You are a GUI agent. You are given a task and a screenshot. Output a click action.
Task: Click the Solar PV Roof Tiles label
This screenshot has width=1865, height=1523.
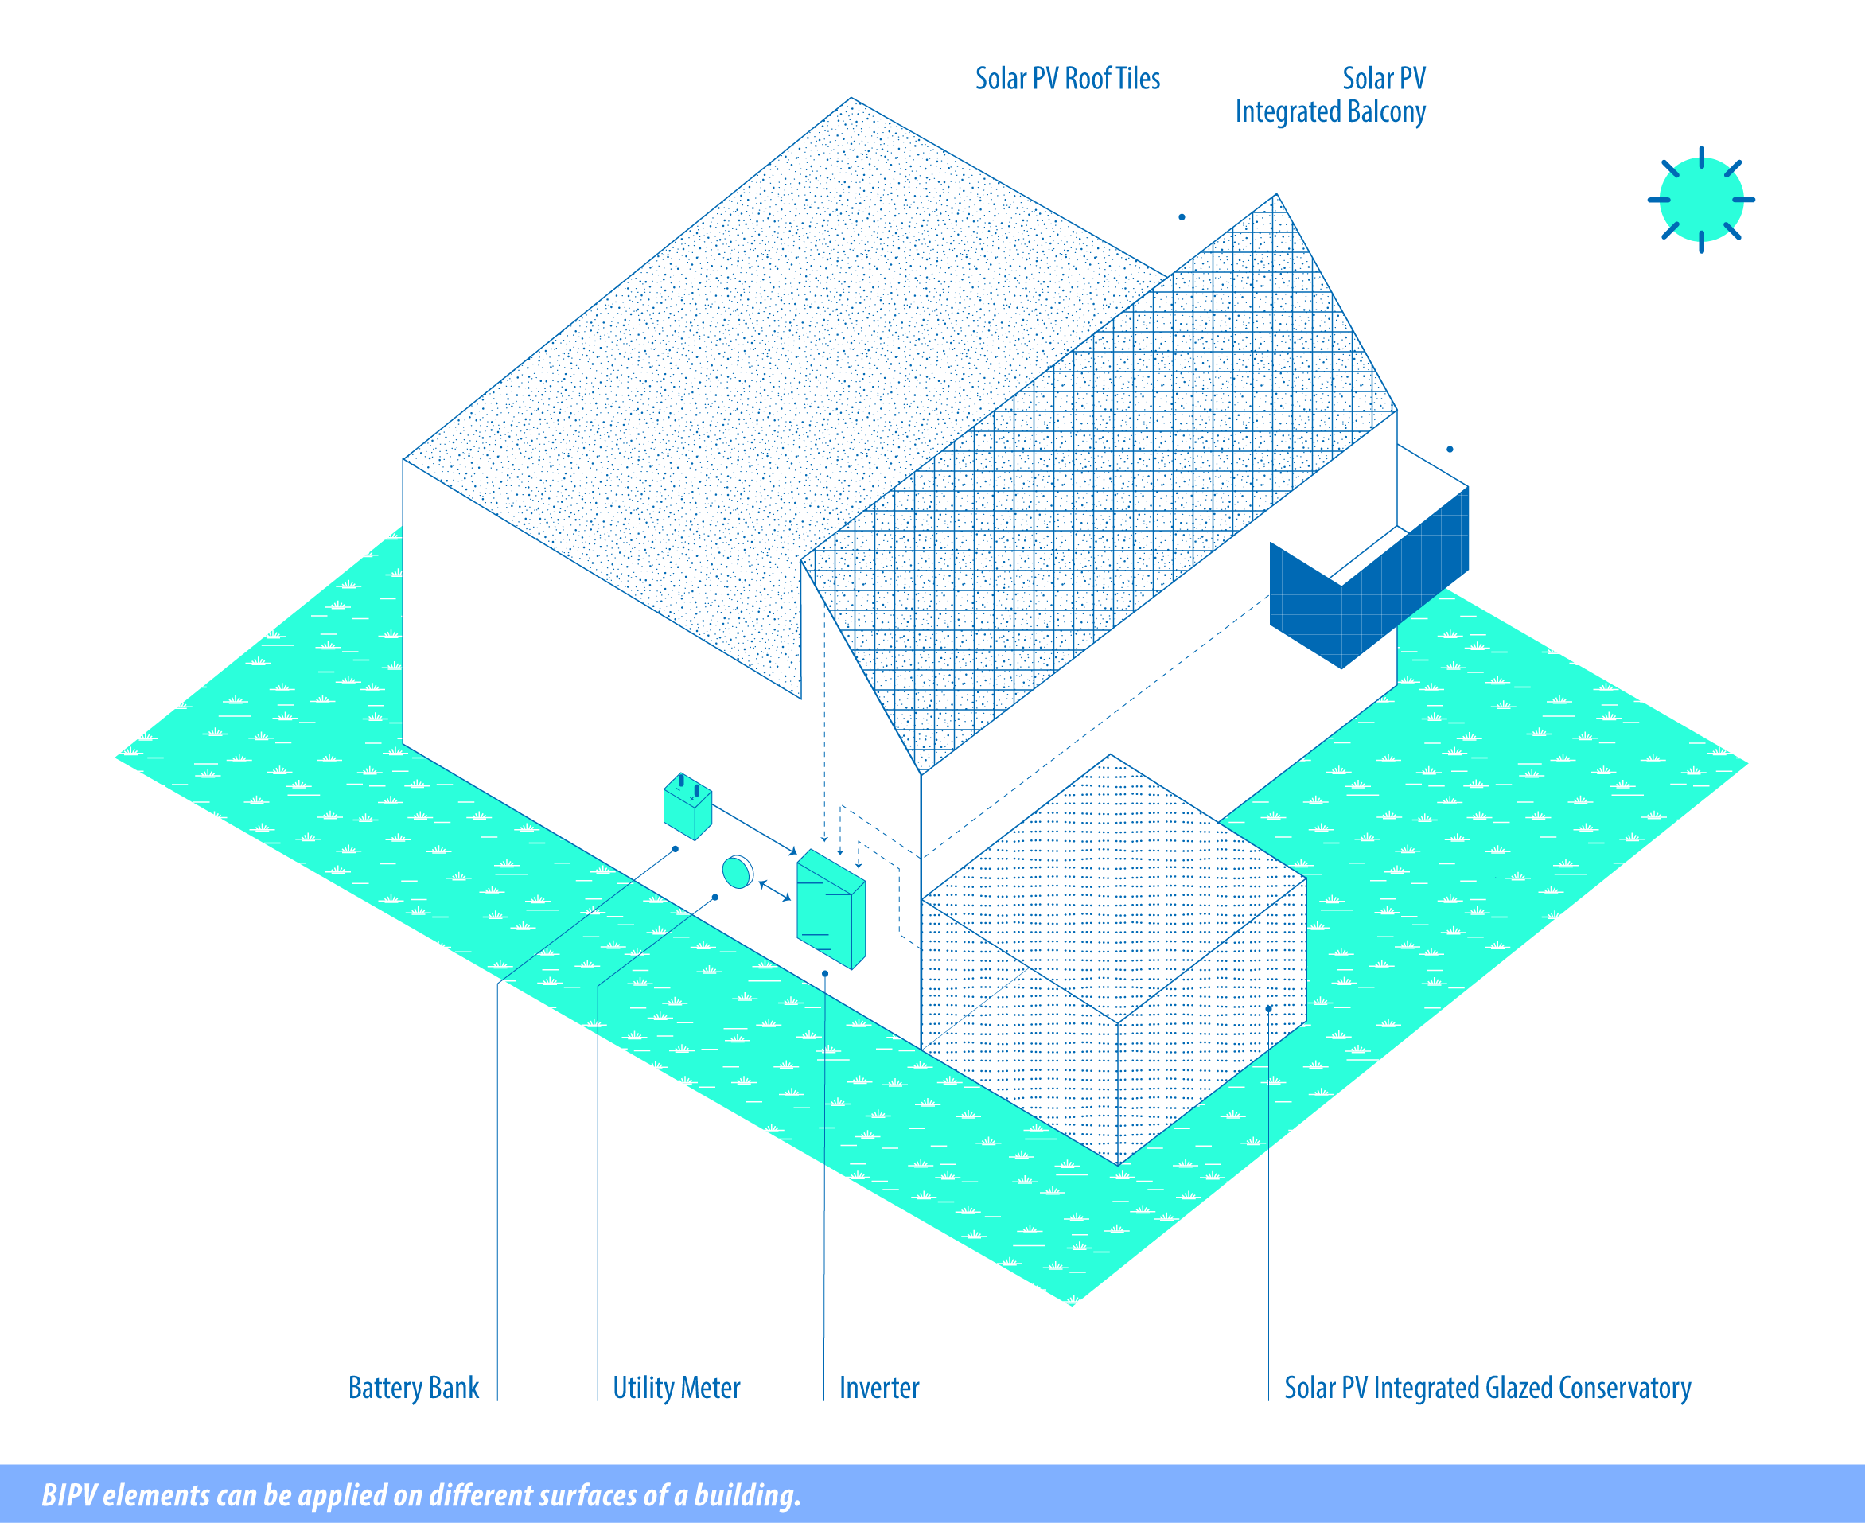(1068, 79)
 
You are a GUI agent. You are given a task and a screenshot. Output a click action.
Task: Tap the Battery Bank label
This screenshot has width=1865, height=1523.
(413, 1388)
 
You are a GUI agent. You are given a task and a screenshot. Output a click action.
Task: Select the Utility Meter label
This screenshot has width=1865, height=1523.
(676, 1388)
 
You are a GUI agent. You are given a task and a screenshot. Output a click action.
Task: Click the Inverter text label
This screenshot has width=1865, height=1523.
(879, 1388)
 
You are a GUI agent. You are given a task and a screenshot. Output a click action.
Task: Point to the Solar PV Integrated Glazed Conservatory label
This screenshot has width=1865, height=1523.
(1488, 1388)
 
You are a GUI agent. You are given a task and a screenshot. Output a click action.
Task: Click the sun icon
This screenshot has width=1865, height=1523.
(1701, 200)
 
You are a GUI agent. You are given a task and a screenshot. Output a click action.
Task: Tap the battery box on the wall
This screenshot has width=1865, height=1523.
(687, 806)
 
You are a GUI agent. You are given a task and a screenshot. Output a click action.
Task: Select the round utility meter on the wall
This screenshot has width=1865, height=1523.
(738, 872)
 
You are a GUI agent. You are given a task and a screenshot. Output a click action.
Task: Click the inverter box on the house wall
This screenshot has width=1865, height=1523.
(831, 909)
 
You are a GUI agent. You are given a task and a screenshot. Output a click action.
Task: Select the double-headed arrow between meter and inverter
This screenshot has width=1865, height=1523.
(775, 890)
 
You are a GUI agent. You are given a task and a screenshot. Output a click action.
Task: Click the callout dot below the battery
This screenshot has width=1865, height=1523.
(676, 849)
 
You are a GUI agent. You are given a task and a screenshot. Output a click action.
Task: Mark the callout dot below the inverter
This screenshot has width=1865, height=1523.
(825, 974)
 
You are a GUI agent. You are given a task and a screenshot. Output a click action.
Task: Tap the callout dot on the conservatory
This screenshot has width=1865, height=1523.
(1268, 1009)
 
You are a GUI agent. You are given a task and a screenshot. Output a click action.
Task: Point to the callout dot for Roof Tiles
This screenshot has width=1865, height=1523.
(1182, 216)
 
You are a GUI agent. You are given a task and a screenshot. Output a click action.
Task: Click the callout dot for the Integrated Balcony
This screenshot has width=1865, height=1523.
(1450, 449)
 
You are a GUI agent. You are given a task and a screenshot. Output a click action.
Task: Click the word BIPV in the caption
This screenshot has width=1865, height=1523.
(69, 1495)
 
